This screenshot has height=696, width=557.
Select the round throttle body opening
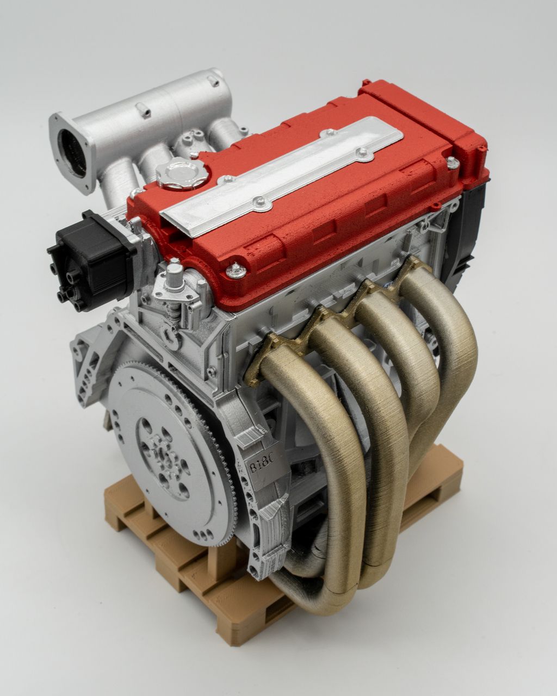click(x=73, y=154)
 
